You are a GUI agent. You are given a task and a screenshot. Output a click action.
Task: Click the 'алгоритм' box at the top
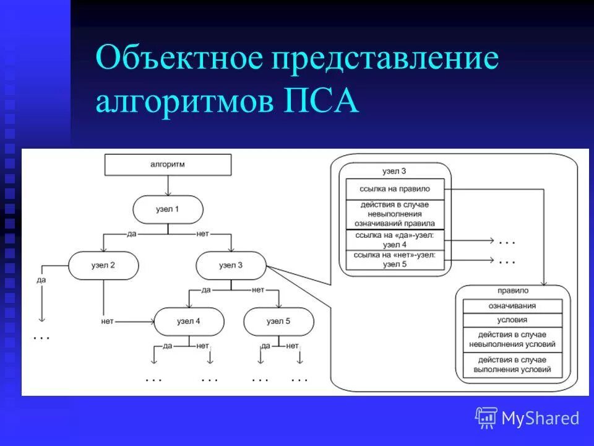168,165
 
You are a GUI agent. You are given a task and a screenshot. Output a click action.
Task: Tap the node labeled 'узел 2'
103,265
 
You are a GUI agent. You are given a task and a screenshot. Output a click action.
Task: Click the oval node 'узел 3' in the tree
231,266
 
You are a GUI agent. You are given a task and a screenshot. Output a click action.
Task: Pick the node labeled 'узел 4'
189,321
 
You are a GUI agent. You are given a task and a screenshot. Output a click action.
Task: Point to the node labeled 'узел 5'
278,321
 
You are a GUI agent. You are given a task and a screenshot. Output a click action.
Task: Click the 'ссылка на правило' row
395,188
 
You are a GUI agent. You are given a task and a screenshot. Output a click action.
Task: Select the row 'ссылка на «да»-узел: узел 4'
395,240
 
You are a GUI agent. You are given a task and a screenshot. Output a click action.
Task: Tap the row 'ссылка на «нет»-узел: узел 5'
395,259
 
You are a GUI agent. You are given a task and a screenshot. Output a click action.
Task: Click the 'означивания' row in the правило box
512,306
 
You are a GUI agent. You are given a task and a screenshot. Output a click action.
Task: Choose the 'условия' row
512,320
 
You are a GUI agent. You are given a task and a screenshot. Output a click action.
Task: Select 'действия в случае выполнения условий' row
512,365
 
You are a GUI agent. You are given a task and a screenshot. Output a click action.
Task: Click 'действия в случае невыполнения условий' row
512,339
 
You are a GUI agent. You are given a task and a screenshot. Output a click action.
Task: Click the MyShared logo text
540,418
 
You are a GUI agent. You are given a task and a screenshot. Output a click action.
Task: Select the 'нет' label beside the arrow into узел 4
110,321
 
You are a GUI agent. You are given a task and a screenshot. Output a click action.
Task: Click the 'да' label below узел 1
131,234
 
